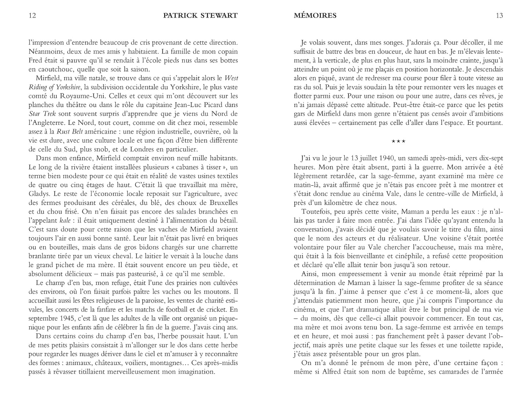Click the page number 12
tap(32, 16)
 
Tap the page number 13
tap(499, 16)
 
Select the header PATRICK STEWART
tap(200, 16)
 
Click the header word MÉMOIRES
tap(315, 16)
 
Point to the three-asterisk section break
tap(398, 142)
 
